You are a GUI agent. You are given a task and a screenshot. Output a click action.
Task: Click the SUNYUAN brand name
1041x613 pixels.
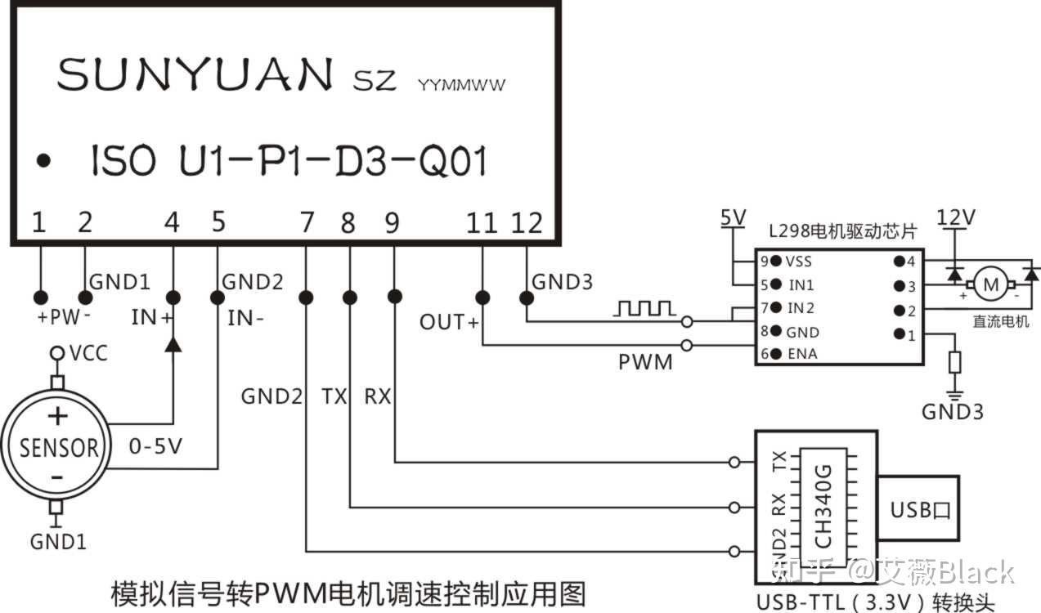click(195, 75)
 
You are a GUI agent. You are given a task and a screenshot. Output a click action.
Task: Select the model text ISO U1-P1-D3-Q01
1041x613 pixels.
click(288, 162)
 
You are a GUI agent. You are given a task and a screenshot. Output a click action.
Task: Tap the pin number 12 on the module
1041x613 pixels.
click(526, 221)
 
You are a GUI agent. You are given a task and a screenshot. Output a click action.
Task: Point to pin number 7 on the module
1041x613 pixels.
click(307, 221)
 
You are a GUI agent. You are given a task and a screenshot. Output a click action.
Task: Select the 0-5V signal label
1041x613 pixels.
click(155, 446)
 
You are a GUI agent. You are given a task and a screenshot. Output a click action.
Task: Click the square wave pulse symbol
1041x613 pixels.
click(645, 309)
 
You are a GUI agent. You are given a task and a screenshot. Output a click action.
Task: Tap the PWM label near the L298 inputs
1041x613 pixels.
click(645, 360)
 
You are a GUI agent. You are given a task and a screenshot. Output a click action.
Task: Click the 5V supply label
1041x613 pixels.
click(733, 217)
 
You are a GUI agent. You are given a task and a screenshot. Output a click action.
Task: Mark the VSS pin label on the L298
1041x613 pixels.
click(800, 262)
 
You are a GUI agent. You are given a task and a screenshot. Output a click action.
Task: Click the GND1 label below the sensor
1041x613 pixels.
click(58, 541)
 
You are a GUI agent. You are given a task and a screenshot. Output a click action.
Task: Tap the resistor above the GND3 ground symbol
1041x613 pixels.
click(954, 363)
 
